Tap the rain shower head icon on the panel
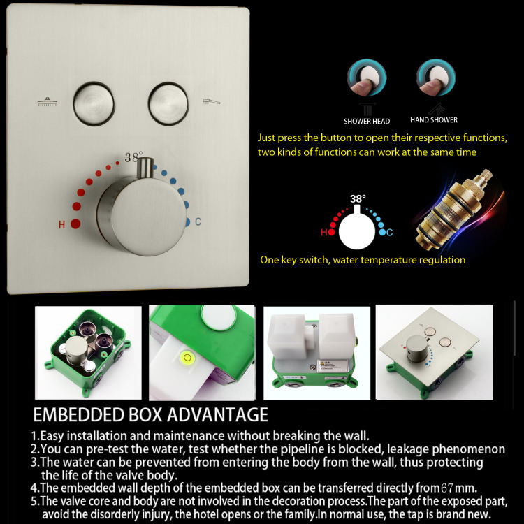pos(48,102)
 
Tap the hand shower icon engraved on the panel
pos(211,102)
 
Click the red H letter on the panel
pos(62,225)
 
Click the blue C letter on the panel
pos(198,222)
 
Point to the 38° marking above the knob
pos(133,157)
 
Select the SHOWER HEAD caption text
pos(367,122)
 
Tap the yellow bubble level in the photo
pos(187,358)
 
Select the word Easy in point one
pos(53,436)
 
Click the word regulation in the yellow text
pos(437,260)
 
